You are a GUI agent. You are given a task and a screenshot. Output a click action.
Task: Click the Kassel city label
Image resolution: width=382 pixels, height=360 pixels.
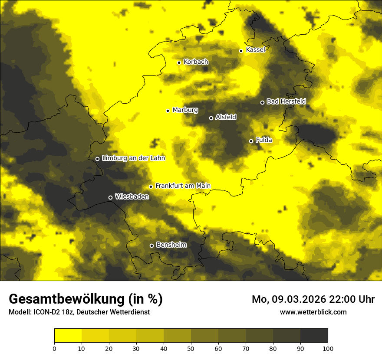click(255, 50)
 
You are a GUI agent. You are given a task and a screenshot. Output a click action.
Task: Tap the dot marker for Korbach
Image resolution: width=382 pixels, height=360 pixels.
click(179, 62)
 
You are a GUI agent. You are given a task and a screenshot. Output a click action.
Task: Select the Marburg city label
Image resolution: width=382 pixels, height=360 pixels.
click(185, 110)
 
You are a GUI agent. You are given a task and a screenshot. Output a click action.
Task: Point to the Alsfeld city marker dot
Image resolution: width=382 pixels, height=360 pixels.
click(211, 118)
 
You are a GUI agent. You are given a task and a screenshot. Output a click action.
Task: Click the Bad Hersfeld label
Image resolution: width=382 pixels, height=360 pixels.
click(286, 101)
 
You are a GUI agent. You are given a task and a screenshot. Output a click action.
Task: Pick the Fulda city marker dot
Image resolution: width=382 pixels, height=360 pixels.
click(251, 141)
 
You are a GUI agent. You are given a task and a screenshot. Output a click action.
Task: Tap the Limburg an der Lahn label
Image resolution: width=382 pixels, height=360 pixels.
click(133, 158)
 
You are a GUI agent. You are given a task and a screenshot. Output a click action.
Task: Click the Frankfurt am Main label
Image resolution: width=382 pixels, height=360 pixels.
click(183, 186)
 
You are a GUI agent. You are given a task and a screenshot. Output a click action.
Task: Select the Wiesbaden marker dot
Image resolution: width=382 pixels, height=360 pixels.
click(110, 197)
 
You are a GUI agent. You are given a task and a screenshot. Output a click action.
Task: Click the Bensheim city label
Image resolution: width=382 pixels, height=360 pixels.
click(171, 245)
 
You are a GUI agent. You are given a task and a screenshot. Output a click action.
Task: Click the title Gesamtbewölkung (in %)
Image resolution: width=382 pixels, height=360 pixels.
click(86, 299)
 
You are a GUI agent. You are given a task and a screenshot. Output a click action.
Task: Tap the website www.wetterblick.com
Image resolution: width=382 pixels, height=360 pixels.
click(313, 312)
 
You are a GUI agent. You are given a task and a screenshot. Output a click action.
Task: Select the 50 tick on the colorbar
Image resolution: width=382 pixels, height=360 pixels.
click(191, 348)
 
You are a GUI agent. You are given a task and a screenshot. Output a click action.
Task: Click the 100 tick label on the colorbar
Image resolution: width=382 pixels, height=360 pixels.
click(328, 348)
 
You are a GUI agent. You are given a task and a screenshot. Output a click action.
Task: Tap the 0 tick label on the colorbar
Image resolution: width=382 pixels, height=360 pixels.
click(54, 348)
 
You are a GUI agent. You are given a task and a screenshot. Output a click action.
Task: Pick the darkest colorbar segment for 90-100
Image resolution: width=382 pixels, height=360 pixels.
click(314, 336)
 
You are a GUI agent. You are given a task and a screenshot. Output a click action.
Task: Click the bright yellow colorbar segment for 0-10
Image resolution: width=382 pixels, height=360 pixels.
click(68, 336)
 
